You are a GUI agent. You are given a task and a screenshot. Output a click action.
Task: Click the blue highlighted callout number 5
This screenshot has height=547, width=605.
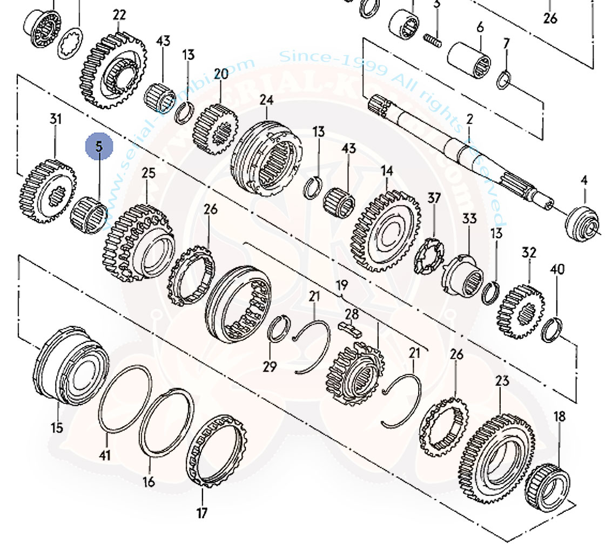[x=99, y=147]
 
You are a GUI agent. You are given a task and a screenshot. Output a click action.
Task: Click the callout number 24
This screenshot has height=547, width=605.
[x=266, y=100]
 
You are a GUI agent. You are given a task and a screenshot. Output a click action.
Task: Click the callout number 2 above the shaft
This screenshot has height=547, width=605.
[x=469, y=119]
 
